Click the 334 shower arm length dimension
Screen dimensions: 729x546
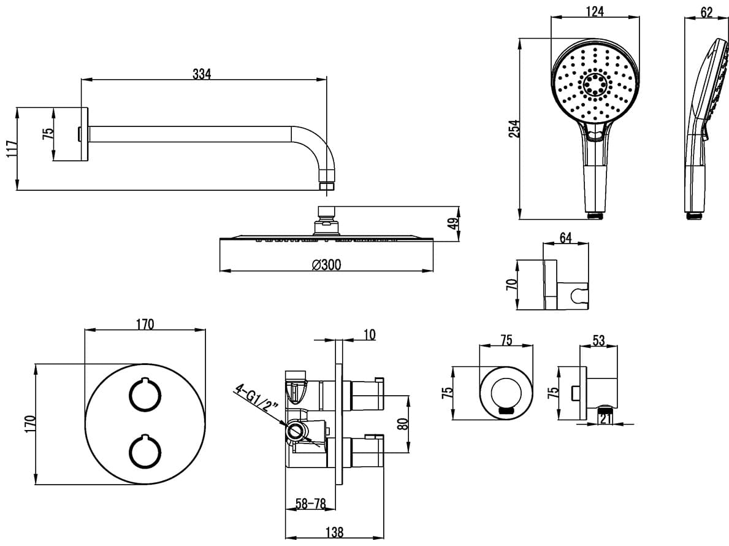[202, 74]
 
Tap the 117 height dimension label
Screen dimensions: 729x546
[12, 149]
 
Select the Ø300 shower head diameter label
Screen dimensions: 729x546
[326, 264]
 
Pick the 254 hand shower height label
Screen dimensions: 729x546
[514, 129]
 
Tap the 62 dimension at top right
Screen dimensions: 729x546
[707, 12]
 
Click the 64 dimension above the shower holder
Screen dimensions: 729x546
[565, 237]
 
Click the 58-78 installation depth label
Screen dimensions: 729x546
[311, 502]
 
